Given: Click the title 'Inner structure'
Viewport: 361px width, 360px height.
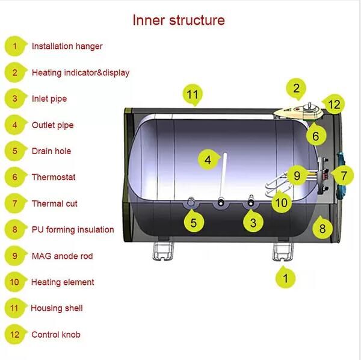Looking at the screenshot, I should (x=179, y=20).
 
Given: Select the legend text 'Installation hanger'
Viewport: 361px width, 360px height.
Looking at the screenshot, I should (x=67, y=46).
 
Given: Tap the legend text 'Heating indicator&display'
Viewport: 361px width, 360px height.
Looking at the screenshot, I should (x=80, y=73).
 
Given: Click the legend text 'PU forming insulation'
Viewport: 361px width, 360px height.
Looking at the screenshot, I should (x=72, y=229).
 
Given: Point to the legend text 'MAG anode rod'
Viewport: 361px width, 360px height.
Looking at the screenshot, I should (x=62, y=256).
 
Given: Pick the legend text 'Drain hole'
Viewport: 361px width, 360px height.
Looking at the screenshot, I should (x=51, y=151).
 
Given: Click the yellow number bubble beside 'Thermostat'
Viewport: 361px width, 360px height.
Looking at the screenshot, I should (x=15, y=177).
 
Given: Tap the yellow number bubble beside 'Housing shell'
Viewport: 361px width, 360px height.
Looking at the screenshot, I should (x=15, y=308).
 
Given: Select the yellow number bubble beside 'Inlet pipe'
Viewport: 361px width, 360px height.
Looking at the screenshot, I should (x=15, y=99).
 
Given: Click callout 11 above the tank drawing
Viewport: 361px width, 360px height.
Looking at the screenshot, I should (x=192, y=95).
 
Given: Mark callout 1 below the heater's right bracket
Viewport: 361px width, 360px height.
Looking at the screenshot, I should (x=286, y=278).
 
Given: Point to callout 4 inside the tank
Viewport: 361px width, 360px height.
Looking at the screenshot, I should (x=208, y=160).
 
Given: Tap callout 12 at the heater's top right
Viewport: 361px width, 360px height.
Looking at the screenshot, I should (x=335, y=104).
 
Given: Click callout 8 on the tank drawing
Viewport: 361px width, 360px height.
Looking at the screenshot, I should (x=322, y=228).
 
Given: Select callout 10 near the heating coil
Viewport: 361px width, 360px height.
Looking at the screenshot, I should (x=281, y=202).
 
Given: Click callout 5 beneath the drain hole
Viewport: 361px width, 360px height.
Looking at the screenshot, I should (x=193, y=223).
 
